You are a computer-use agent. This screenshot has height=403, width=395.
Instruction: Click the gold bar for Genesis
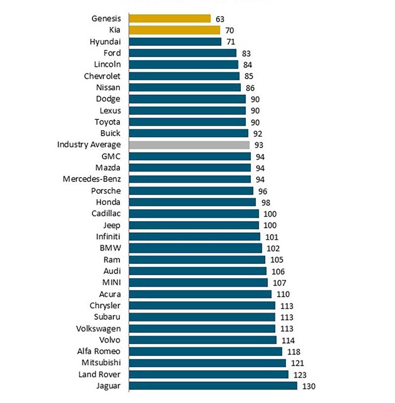170,19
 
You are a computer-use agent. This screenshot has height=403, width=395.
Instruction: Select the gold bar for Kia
174,30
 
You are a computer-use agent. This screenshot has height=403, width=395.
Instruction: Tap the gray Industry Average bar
189,145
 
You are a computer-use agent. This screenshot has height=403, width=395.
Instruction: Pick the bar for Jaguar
213,386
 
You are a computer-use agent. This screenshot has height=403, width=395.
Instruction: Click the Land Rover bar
208,374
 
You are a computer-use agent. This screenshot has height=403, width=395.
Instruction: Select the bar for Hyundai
175,41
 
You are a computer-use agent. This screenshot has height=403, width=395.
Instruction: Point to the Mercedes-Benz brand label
92,179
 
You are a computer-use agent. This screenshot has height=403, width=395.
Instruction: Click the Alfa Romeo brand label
98,351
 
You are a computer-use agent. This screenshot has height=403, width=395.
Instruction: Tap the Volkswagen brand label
98,328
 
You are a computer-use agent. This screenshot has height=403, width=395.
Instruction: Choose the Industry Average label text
89,145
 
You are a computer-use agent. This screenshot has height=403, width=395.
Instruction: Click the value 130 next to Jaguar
308,386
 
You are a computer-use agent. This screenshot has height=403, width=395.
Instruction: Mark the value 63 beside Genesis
220,19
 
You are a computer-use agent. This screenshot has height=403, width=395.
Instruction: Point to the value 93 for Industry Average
259,145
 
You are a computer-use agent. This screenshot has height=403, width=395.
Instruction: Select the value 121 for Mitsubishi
297,363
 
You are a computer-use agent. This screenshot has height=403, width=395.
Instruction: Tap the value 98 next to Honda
265,202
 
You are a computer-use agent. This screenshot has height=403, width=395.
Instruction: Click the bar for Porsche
191,190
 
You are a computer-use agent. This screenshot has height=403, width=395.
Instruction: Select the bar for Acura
200,294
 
